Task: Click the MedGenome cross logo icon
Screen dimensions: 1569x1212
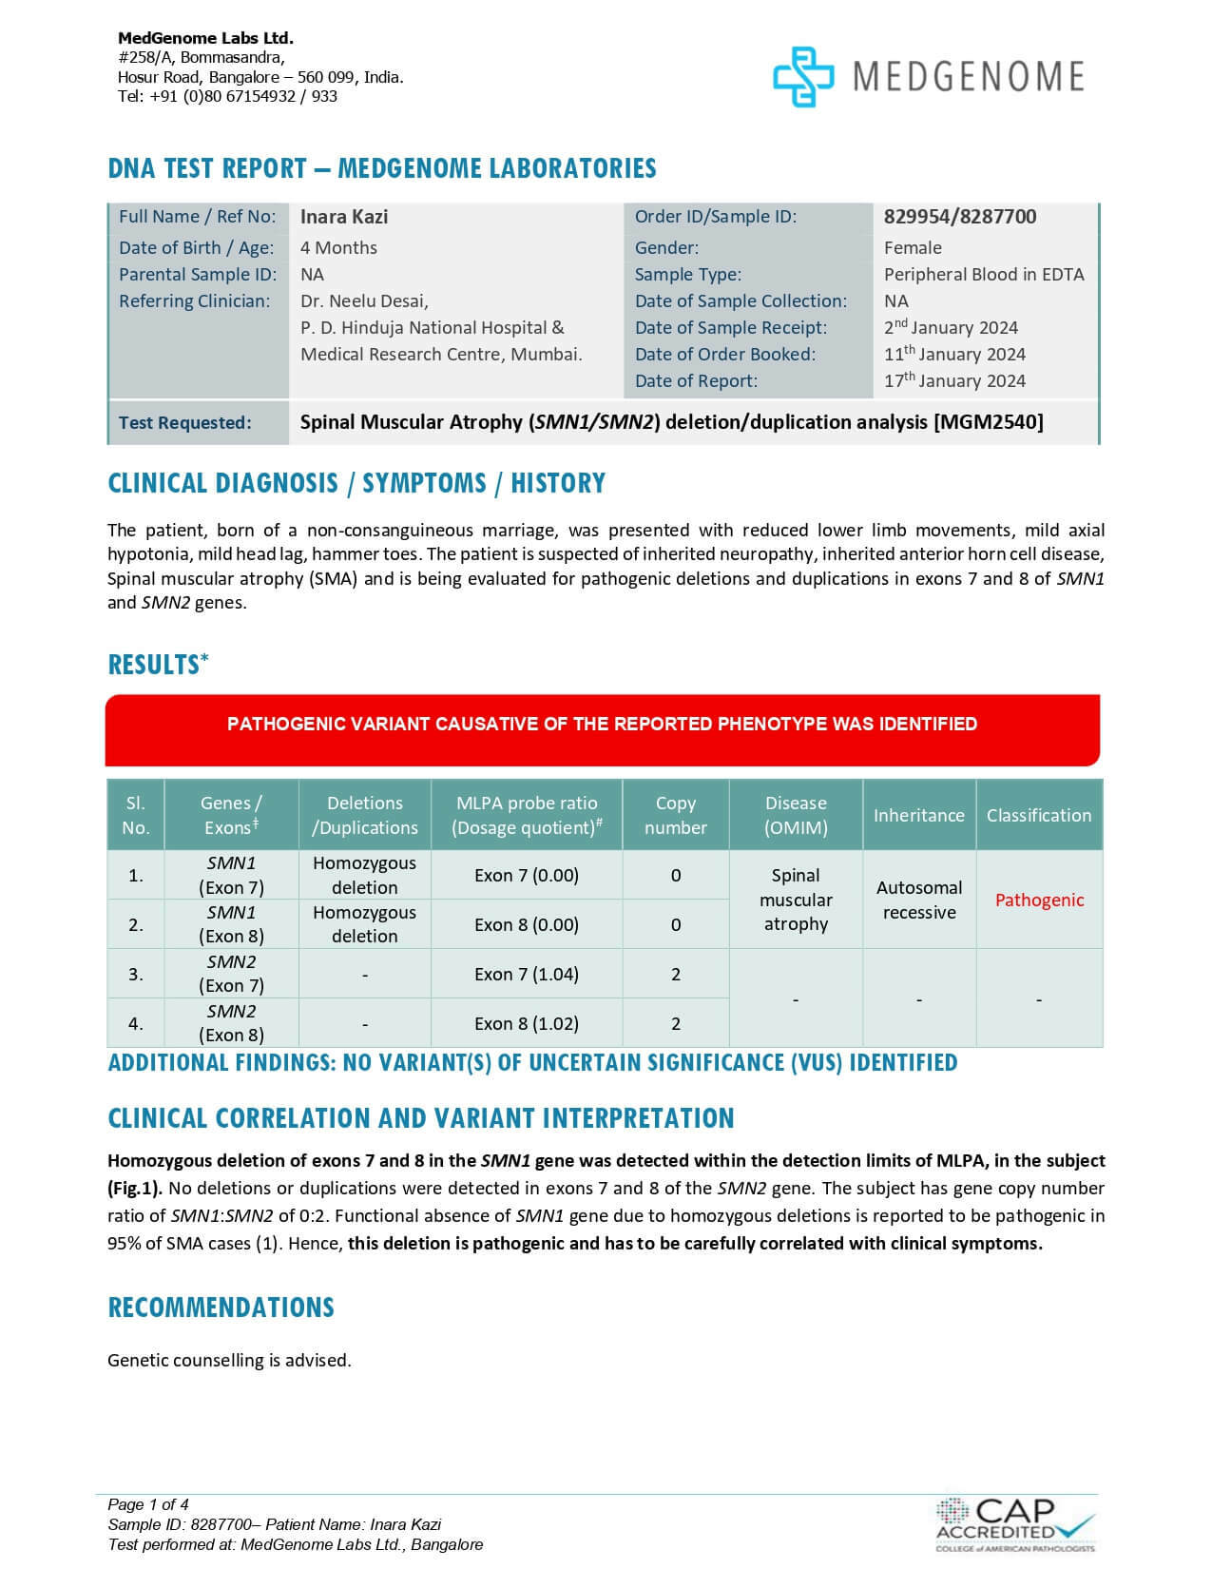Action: click(x=802, y=76)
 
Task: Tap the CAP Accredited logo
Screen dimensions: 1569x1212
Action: click(x=1014, y=1523)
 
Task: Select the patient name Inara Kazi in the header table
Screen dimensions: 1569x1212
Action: click(x=344, y=217)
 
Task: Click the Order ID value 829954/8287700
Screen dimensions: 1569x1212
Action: click(x=960, y=217)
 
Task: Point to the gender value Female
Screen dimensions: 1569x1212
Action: click(x=913, y=248)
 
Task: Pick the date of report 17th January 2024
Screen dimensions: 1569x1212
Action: click(x=954, y=381)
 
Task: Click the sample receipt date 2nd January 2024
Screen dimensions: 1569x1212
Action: click(x=951, y=328)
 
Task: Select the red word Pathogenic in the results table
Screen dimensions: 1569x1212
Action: click(x=1039, y=901)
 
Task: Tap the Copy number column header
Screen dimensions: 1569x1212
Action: click(x=676, y=815)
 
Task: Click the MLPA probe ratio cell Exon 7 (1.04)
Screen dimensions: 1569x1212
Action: click(x=527, y=974)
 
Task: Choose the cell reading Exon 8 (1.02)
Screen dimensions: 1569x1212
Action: click(x=527, y=1023)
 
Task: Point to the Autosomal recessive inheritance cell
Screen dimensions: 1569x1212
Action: click(x=919, y=900)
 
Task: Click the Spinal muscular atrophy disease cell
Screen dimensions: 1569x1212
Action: click(x=796, y=900)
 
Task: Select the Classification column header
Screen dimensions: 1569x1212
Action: click(x=1039, y=815)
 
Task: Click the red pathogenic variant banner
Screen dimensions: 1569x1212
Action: click(x=602, y=729)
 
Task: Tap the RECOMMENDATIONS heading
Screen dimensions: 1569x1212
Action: click(x=221, y=1307)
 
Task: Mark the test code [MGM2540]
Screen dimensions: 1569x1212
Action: click(x=989, y=422)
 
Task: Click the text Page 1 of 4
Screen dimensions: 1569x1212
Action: click(x=148, y=1504)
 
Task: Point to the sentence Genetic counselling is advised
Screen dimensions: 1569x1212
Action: click(x=229, y=1361)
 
